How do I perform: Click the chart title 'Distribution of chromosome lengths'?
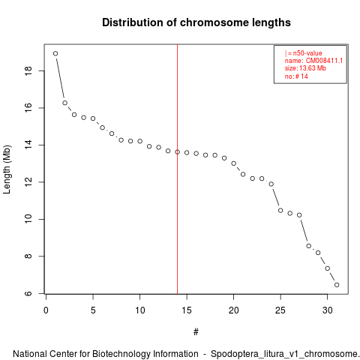tap(196, 22)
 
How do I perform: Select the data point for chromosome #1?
tap(55, 53)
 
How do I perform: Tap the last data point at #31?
tap(337, 285)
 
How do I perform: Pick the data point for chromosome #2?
tap(64, 103)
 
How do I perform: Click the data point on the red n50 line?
tap(177, 151)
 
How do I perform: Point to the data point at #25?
tap(280, 211)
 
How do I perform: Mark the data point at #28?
tap(308, 246)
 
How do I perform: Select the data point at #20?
tap(233, 163)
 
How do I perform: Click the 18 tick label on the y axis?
tap(28, 70)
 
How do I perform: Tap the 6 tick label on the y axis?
tap(28, 293)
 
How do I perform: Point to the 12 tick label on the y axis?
tap(28, 182)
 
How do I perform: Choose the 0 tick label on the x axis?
tap(46, 310)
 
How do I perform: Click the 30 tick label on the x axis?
tap(327, 310)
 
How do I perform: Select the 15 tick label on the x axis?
tap(187, 310)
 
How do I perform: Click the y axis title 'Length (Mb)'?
tap(7, 169)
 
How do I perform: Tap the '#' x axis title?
tap(196, 332)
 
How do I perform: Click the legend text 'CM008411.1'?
tap(324, 61)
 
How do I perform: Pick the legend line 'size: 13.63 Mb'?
tap(305, 68)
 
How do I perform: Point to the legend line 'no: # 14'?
tap(296, 76)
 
